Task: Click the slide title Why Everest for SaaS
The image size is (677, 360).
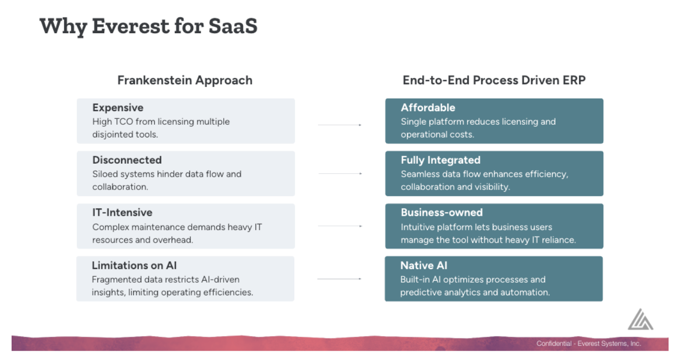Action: point(148,27)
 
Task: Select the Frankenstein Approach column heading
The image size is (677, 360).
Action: point(185,81)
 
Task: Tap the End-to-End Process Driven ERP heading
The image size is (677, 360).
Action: point(494,80)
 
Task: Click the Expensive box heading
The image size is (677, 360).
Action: point(118,108)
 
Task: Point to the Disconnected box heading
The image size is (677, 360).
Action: point(127,160)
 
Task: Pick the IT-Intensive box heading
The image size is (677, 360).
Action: point(122,213)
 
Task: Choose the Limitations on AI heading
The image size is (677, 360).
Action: point(134,265)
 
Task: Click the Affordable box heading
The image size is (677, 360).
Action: point(428,107)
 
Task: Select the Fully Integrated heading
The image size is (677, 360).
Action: point(440,160)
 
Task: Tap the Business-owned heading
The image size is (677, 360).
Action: point(442,213)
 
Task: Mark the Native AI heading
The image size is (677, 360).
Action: point(424,265)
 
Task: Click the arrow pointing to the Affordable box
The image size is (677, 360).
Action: point(340,125)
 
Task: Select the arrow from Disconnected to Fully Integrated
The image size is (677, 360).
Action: point(340,174)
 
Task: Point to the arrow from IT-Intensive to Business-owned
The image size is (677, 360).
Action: point(340,226)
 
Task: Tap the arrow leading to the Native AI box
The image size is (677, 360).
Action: point(340,279)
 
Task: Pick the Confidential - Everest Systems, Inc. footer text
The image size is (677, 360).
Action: point(589,343)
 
